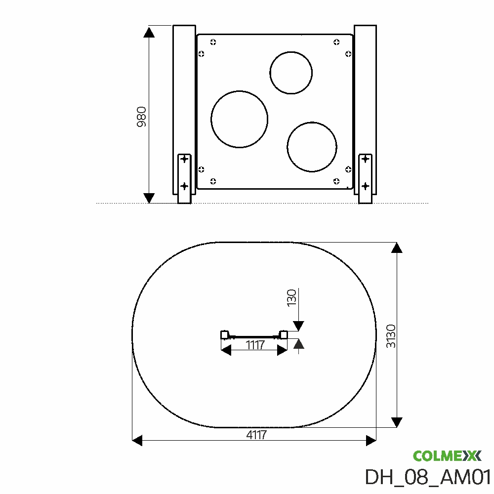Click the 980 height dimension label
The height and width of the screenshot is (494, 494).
(x=142, y=117)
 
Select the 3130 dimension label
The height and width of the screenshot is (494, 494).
(x=391, y=336)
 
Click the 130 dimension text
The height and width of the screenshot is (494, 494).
(x=291, y=298)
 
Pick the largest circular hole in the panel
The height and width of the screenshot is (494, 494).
(x=239, y=119)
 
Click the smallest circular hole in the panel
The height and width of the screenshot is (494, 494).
(x=291, y=73)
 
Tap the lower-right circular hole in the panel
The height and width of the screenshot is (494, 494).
(x=312, y=147)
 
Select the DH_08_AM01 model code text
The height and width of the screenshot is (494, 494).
(x=427, y=477)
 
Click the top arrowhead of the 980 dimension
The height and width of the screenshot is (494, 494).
(x=149, y=33)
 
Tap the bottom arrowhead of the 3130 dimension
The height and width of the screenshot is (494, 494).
(x=396, y=422)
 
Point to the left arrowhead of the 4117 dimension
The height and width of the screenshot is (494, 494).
(x=137, y=440)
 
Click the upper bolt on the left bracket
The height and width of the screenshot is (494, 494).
(x=184, y=159)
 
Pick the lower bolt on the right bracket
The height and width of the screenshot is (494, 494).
(x=365, y=186)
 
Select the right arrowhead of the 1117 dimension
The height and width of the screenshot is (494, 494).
(x=283, y=350)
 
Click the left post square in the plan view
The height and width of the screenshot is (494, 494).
(x=224, y=335)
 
